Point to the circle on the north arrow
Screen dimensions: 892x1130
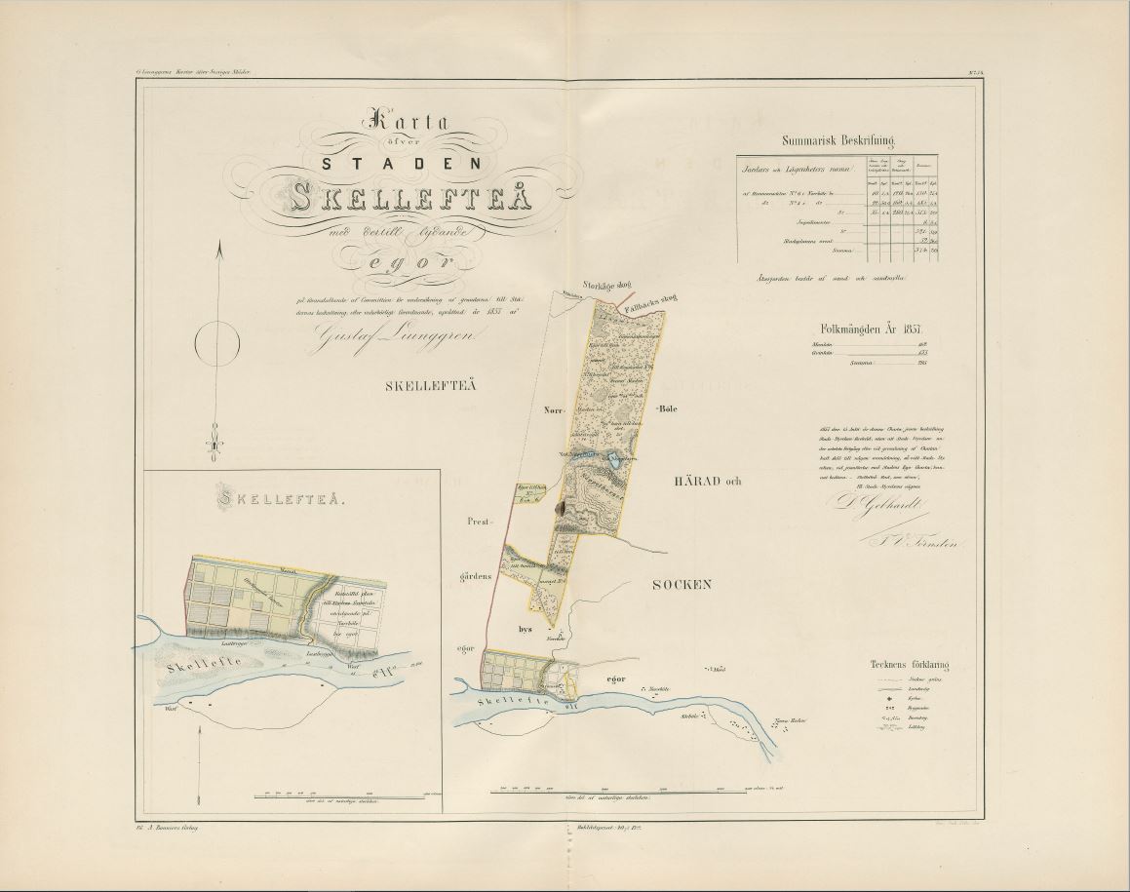217,342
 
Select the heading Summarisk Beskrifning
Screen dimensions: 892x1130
838,139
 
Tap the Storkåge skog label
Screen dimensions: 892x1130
580,286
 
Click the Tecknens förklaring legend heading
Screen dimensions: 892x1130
909,665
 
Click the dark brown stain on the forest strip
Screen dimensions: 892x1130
561,507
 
